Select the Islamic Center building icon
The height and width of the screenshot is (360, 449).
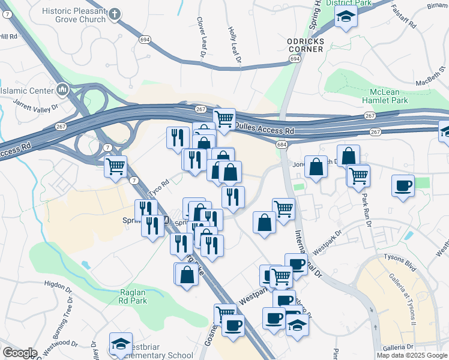click(62, 91)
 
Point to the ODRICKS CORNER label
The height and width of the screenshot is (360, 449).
click(305, 45)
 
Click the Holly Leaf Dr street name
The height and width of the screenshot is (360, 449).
click(234, 44)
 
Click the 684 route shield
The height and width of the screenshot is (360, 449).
click(282, 145)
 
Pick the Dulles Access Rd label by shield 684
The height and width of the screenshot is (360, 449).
click(265, 128)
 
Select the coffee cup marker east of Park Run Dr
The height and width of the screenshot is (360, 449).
click(403, 185)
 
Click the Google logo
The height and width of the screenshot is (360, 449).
click(20, 353)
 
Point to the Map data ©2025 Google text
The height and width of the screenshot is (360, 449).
click(411, 355)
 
